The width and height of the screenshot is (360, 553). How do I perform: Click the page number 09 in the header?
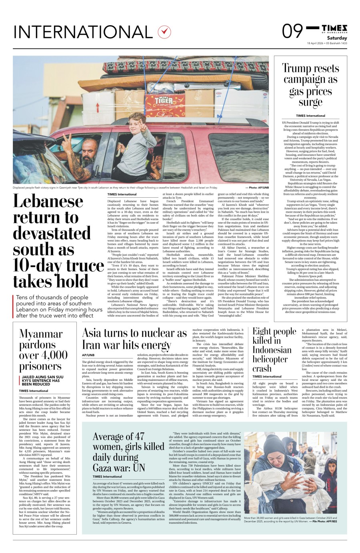pos(293,31)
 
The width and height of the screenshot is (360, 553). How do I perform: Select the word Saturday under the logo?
pos(337,38)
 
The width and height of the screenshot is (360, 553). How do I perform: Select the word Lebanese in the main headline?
pos(48,201)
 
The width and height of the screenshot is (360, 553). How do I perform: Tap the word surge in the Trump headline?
pos(310,102)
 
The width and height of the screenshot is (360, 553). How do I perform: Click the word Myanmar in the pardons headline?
pos(41,334)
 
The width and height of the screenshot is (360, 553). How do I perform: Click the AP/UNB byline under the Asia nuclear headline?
pos(88,355)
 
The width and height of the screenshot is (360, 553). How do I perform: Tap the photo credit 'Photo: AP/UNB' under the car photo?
pos(256,187)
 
